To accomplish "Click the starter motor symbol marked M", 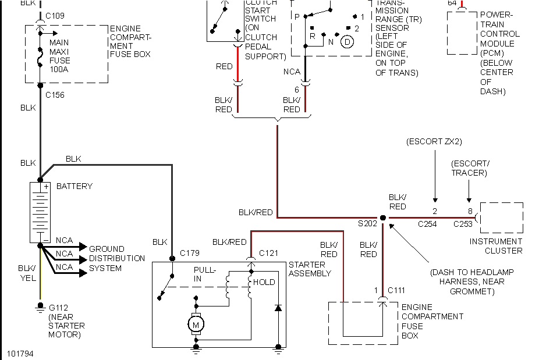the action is point(196,325).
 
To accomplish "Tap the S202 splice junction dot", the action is point(382,218).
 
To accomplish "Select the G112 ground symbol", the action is point(40,306).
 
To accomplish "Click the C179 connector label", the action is point(189,253).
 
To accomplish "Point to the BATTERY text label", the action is point(75,186).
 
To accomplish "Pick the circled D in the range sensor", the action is point(347,42).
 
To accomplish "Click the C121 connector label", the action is point(268,253).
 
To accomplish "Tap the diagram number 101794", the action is point(20,354).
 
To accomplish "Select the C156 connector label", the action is point(55,95).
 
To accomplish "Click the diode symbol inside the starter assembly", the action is point(278,308).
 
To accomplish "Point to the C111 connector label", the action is point(396,290).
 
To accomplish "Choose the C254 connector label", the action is point(427,224).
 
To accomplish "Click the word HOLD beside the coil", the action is point(264,282).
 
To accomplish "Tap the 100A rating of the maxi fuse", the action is point(59,69).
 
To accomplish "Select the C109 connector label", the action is point(55,16).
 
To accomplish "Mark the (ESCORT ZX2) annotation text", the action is point(434,141).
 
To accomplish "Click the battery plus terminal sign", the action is point(46,187).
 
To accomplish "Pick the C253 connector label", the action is point(463,224).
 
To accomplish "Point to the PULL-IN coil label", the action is point(205,274).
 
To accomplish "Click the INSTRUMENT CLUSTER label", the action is point(496,246).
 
